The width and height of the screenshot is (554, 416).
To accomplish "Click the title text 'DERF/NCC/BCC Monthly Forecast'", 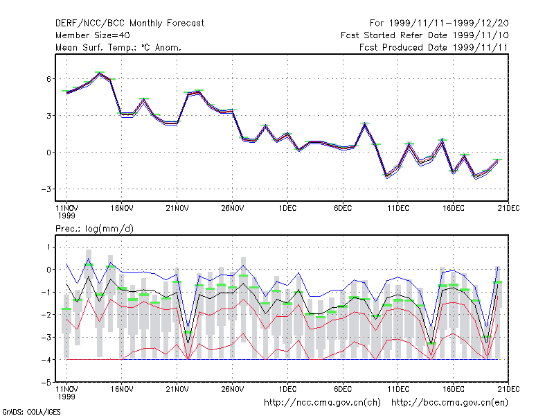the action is (x=129, y=24).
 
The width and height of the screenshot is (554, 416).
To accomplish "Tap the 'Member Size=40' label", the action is (x=93, y=35).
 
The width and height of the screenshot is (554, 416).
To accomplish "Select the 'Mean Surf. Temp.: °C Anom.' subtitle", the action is (x=118, y=47).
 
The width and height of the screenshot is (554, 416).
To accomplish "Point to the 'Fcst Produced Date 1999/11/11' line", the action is (x=434, y=47).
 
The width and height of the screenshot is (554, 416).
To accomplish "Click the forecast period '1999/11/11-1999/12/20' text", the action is (x=449, y=24).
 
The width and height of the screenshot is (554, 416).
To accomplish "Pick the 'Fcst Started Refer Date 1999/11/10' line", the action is (x=425, y=35).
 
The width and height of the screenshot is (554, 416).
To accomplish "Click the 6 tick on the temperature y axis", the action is (x=48, y=79).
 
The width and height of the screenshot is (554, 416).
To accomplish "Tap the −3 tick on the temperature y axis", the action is (x=46, y=189).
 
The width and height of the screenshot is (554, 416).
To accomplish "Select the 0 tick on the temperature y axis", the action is (x=48, y=153).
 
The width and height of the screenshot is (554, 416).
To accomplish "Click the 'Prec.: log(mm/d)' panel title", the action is (x=94, y=229).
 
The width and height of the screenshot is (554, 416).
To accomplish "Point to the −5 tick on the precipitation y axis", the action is (x=46, y=383).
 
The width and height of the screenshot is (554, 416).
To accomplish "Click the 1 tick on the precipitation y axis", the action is (x=48, y=247).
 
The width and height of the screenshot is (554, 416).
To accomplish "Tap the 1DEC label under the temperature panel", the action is (x=287, y=208).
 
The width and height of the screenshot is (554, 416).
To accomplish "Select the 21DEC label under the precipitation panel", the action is (x=508, y=389).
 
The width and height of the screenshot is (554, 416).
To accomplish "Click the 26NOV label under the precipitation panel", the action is (x=233, y=389).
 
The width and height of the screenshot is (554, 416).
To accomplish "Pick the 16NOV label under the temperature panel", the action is (x=122, y=208).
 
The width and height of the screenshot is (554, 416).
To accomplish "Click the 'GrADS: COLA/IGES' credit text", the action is (x=31, y=412).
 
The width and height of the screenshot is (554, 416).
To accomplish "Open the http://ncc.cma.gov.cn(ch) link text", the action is (x=322, y=403).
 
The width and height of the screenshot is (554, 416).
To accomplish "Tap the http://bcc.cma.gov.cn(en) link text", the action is (x=449, y=403).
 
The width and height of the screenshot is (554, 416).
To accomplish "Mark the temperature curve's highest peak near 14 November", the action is (x=100, y=73).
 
